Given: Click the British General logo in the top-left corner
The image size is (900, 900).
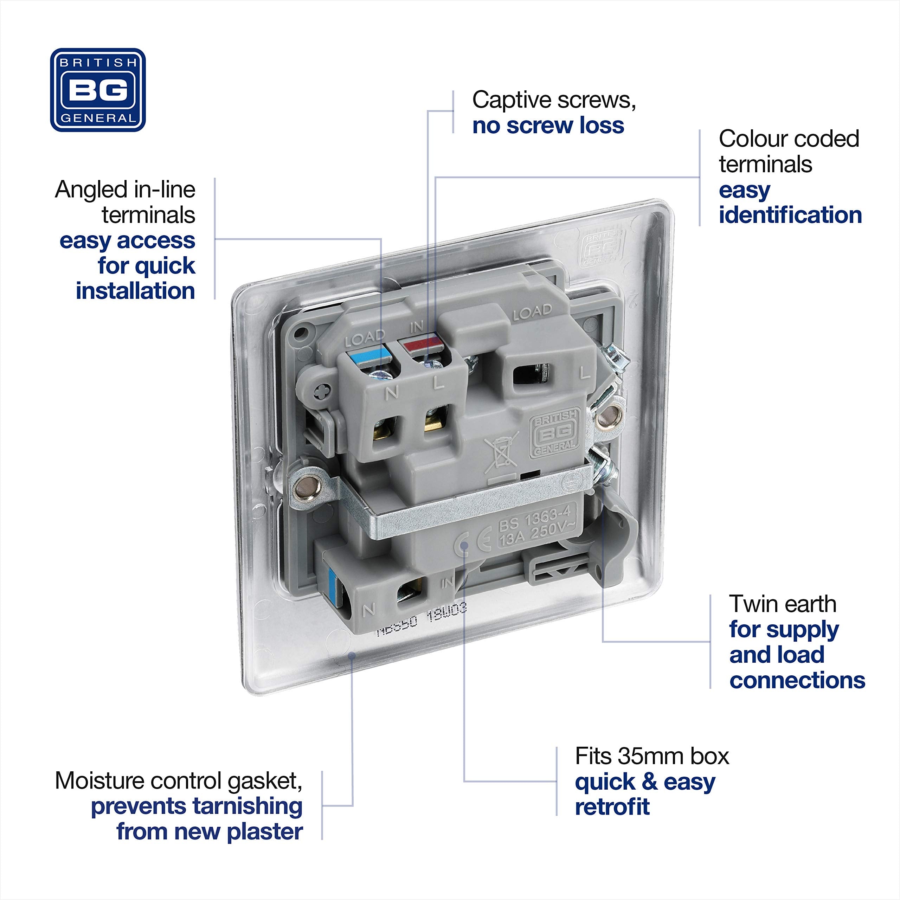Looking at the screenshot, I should pyautogui.click(x=98, y=90).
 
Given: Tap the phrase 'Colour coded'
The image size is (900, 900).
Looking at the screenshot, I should pyautogui.click(x=789, y=139).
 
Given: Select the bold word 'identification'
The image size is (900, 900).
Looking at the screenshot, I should pyautogui.click(x=790, y=215).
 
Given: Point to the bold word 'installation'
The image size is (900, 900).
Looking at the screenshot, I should pyautogui.click(x=135, y=291).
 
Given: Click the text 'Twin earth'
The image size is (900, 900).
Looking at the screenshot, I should pyautogui.click(x=783, y=604).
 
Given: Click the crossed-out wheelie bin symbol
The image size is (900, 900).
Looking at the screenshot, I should pyautogui.click(x=501, y=450).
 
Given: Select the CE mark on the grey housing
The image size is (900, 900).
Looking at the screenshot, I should pyautogui.click(x=471, y=544).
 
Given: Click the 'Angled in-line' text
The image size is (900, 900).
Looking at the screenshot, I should pyautogui.click(x=125, y=189).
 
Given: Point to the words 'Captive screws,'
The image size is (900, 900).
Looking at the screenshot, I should pyautogui.click(x=554, y=100).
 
